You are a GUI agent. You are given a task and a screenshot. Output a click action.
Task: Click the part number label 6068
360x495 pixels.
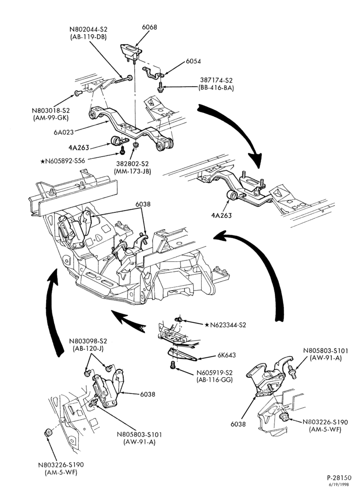tap(149, 27)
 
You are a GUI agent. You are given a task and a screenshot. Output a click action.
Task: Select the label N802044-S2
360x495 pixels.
tap(88, 29)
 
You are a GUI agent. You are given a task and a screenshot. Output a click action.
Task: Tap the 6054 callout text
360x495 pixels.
tap(193, 61)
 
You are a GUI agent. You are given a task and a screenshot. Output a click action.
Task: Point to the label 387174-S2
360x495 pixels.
tap(216, 81)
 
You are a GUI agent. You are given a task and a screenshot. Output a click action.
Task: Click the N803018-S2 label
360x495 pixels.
tap(50, 110)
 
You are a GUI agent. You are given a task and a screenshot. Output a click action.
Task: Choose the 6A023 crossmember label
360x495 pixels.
tap(64, 132)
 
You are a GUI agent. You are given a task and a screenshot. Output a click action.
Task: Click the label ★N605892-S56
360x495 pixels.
tap(63, 161)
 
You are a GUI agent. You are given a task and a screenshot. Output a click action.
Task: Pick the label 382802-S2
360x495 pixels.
tap(132, 164)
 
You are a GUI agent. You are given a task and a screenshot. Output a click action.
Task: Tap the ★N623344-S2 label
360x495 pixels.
tap(225, 325)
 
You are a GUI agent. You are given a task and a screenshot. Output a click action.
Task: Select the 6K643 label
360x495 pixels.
tap(226, 355)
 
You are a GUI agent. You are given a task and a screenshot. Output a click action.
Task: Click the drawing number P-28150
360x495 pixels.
tap(339, 478)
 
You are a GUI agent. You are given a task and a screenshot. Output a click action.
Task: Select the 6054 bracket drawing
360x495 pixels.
tap(153, 74)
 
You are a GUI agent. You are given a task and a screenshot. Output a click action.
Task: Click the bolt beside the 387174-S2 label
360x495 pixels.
tap(160, 87)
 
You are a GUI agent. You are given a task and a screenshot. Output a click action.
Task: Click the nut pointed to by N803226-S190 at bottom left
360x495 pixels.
tap(48, 433)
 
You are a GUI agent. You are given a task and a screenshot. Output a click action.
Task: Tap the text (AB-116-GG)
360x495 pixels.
tap(214, 379)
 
